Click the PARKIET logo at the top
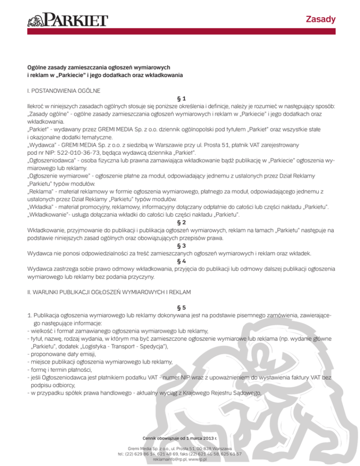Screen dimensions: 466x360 (x=68, y=21)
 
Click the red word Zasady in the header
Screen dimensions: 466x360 (x=321, y=19)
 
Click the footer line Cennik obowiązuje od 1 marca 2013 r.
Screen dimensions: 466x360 (x=180, y=438)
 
